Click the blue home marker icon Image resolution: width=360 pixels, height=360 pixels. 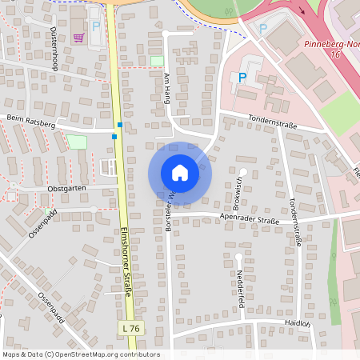[179, 172]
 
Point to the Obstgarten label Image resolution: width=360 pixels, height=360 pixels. [71, 188]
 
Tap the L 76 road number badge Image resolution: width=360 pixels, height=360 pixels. [133, 328]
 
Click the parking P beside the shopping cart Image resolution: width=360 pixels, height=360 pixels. [96, 26]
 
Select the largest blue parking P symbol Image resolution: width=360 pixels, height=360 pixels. [242, 78]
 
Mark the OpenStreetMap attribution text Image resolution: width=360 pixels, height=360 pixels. [81, 354]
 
